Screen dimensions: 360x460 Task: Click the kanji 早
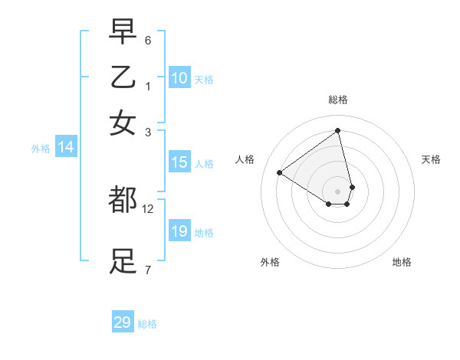pyautogui.click(x=123, y=32)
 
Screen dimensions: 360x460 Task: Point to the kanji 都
pyautogui.click(x=123, y=200)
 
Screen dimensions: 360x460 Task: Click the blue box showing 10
pyautogui.click(x=179, y=78)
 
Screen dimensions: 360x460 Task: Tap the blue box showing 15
pyautogui.click(x=179, y=162)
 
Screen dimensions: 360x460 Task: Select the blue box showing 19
pyautogui.click(x=179, y=231)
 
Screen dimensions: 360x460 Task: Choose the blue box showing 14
pyautogui.click(x=66, y=148)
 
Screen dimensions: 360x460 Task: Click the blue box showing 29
pyautogui.click(x=123, y=322)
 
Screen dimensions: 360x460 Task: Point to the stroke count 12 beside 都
pyautogui.click(x=148, y=208)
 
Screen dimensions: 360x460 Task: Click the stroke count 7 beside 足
pyautogui.click(x=148, y=270)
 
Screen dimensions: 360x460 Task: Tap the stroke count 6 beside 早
pyautogui.click(x=148, y=40)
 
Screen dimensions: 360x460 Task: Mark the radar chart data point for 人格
pyautogui.click(x=280, y=172)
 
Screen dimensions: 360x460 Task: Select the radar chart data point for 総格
pyautogui.click(x=338, y=130)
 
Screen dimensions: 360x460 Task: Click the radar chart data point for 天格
pyautogui.click(x=352, y=187)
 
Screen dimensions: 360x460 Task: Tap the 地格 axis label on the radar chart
pyautogui.click(x=402, y=263)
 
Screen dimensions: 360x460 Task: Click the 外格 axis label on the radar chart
pyautogui.click(x=270, y=263)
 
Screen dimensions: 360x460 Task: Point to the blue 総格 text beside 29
pyautogui.click(x=147, y=324)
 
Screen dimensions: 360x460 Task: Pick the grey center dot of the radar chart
pyautogui.click(x=338, y=191)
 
